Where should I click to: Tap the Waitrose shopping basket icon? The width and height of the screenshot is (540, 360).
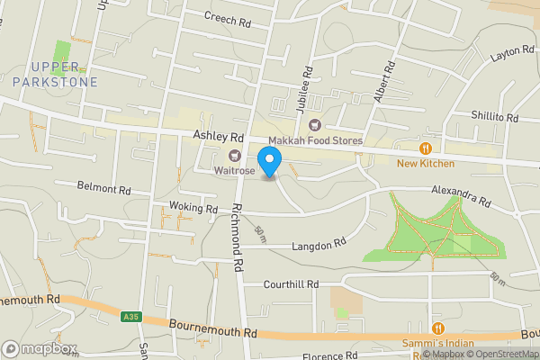(220, 155)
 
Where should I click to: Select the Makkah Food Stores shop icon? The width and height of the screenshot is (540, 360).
(314, 125)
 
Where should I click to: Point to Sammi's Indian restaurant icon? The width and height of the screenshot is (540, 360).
(438, 328)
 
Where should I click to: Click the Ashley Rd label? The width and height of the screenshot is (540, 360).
(219, 136)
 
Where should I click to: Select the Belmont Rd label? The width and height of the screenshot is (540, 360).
(106, 190)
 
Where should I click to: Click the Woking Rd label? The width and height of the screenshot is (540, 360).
(193, 209)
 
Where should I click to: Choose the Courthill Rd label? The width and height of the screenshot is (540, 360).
(291, 284)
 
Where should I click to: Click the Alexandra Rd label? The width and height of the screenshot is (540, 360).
(460, 197)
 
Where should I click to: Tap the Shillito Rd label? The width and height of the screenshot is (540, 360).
(495, 117)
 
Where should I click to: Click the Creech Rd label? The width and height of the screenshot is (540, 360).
(227, 19)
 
